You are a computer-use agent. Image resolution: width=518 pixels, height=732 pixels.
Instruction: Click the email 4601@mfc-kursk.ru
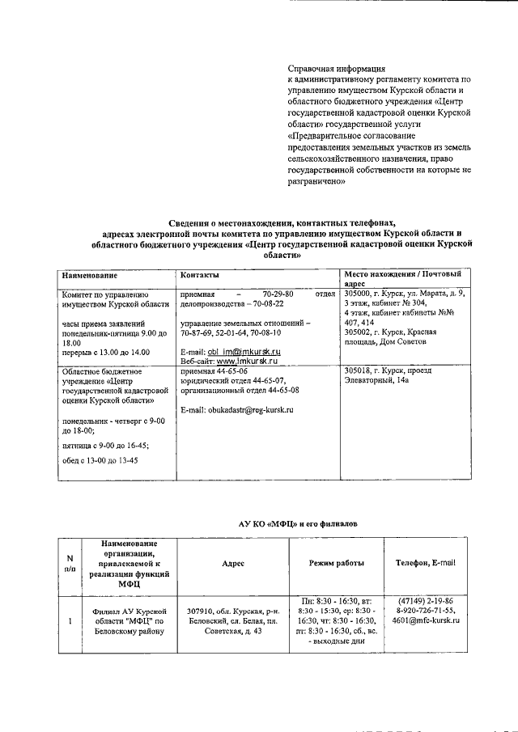pos(426,620)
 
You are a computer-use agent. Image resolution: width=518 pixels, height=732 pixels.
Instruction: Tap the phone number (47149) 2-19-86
pos(426,601)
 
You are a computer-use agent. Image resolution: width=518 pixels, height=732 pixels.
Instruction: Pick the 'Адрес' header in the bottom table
pos(232,563)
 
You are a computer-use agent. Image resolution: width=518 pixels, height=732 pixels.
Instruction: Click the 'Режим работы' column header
pos(336,563)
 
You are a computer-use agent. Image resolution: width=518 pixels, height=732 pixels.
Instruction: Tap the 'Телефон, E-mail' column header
pos(426,563)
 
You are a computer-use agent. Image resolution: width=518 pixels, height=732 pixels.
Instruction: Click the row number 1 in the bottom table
pos(70,620)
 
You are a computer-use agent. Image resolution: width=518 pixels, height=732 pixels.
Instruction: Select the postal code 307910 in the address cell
pos(202,611)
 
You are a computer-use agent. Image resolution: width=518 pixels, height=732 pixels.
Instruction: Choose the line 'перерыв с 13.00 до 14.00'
pos(106,353)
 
